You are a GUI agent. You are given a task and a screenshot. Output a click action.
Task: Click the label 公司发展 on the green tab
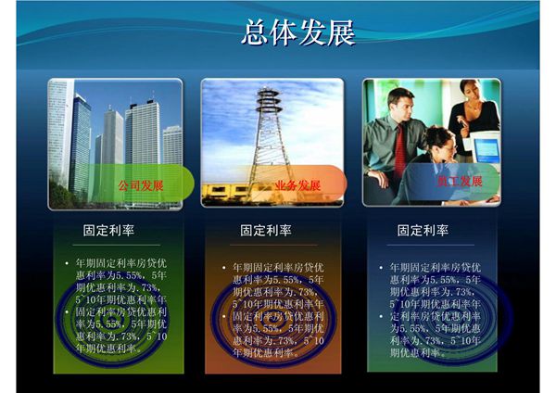tap(140, 185)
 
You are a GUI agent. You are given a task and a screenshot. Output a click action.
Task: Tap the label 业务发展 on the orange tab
tap(298, 185)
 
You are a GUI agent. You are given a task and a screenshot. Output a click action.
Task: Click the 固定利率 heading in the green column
tap(108, 230)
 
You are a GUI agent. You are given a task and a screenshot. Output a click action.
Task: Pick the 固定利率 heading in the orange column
tap(266, 230)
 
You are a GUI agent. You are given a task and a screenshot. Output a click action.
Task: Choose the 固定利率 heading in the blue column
tap(423, 230)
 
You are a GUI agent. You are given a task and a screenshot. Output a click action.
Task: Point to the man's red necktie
tap(400, 148)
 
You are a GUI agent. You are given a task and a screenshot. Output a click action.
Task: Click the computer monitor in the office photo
tap(484, 146)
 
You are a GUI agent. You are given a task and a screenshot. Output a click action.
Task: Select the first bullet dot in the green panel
tap(67, 264)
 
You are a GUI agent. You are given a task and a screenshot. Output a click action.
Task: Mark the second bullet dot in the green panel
tap(67, 312)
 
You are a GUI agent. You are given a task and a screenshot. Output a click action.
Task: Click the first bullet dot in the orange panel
tap(223, 268)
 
